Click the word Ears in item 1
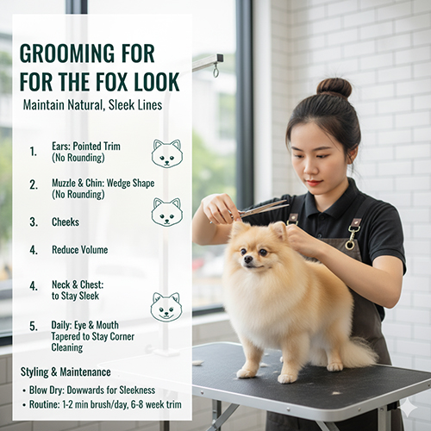61,147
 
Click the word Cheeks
66,222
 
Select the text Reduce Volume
80,250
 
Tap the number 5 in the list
34,327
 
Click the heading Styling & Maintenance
66,372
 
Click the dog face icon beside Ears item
166,154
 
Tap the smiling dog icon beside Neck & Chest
166,308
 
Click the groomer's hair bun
334,88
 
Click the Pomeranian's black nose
248,259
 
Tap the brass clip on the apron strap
352,237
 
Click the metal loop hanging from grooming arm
215,71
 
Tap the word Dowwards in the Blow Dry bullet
90,390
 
